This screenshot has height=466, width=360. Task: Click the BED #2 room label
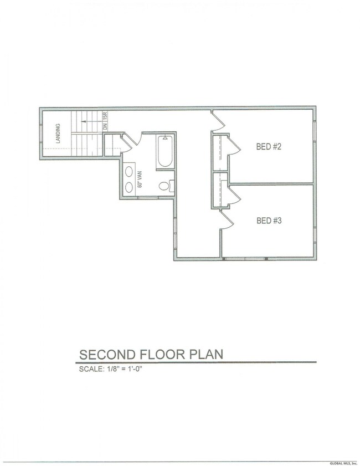tap(270, 147)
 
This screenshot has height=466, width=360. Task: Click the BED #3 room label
tap(270, 221)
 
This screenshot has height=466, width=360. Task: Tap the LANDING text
tap(58, 134)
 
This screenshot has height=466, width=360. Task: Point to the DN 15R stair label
tap(105, 121)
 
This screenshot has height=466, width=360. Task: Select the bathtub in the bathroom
tap(166, 152)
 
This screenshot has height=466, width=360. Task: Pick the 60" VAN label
tap(140, 178)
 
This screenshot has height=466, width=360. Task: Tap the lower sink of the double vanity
tap(129, 187)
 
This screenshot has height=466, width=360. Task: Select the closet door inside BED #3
tap(232, 195)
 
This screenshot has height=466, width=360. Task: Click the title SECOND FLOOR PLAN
tap(151, 354)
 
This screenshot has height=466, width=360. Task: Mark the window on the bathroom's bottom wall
tap(148, 197)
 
